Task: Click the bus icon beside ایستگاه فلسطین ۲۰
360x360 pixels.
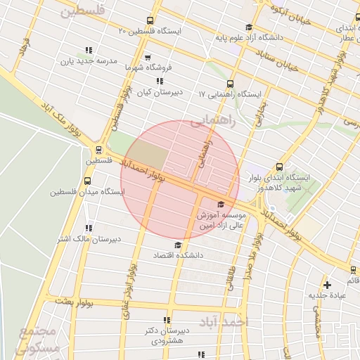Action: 148,21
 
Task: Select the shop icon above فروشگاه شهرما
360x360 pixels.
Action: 147,58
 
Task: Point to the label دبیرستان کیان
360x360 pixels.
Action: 158,92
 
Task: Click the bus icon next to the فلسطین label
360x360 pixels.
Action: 98,150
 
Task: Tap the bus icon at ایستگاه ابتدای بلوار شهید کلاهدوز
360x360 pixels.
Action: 279,167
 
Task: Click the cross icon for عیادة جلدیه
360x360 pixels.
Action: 326,285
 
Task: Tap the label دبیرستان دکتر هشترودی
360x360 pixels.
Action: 167,335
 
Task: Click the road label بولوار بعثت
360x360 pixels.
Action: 78,301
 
